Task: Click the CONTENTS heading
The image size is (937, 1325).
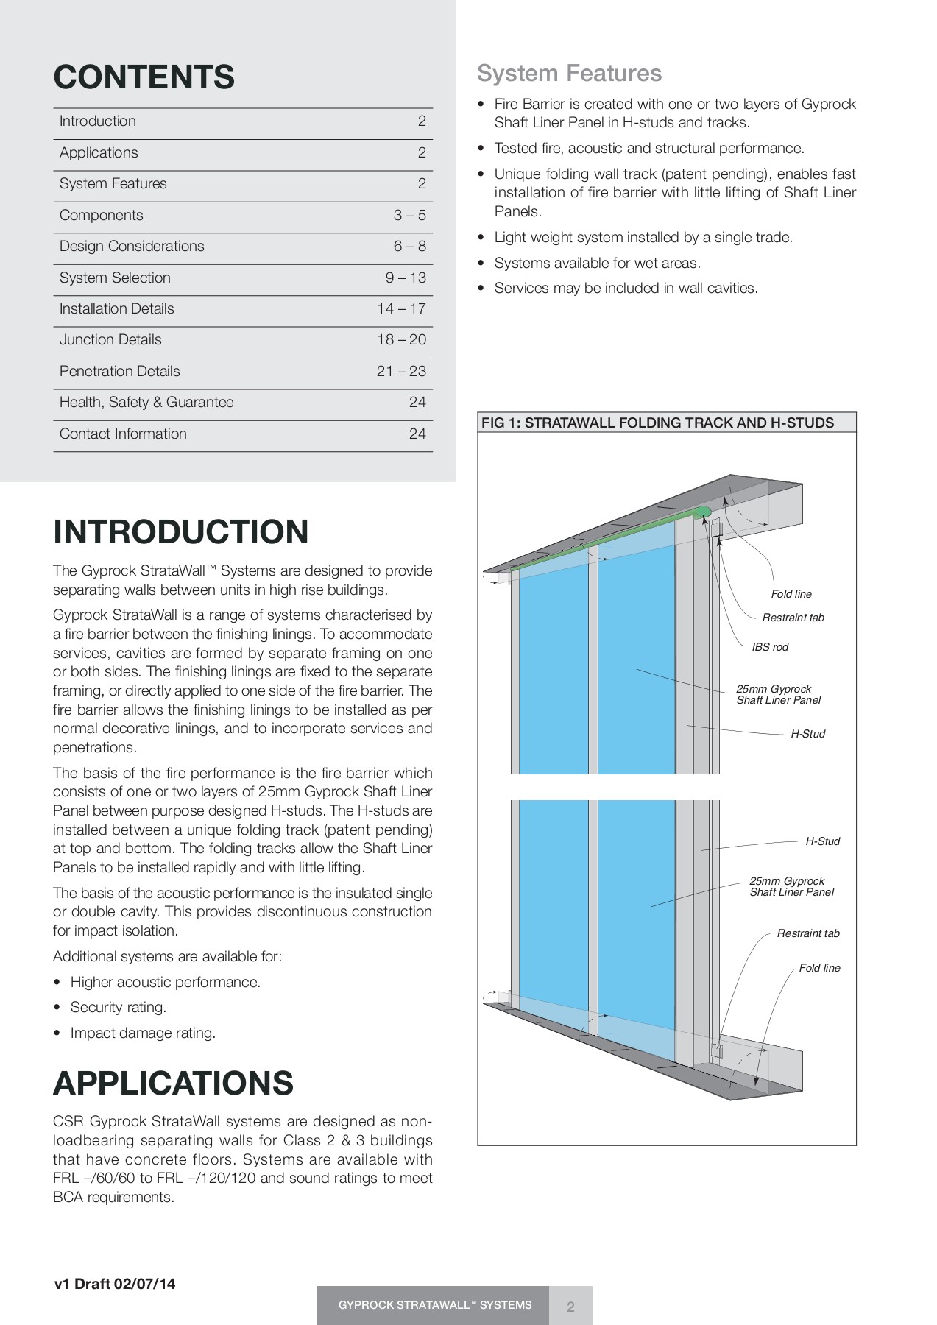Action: click(144, 77)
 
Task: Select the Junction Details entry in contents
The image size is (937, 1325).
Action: click(110, 340)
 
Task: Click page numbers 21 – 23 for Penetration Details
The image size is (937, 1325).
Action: click(401, 372)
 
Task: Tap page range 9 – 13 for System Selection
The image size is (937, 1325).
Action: click(406, 278)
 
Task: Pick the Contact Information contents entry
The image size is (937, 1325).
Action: click(123, 434)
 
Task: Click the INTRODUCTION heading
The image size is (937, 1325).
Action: click(181, 532)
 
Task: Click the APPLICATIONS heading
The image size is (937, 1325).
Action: click(174, 1084)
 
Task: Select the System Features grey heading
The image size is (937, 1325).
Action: click(569, 74)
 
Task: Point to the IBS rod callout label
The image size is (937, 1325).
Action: click(770, 647)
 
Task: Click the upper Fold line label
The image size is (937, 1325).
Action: click(791, 594)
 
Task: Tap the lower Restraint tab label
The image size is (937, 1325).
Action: click(808, 933)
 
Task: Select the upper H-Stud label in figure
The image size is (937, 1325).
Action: click(807, 734)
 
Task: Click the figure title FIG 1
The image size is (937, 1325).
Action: click(657, 423)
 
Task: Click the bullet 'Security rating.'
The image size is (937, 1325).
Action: click(118, 1007)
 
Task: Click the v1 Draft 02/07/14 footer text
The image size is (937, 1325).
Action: click(115, 1284)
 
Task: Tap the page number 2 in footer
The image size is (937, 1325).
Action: click(570, 1307)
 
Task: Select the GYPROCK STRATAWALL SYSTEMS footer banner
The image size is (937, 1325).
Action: click(434, 1305)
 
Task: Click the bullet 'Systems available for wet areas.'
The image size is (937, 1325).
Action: click(597, 263)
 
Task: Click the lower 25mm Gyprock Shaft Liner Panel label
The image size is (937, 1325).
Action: click(791, 886)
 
